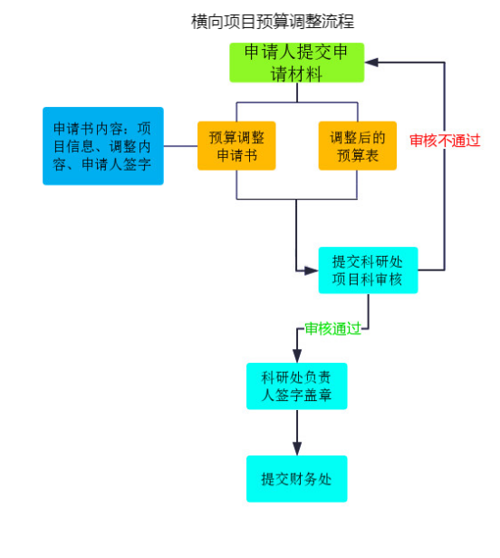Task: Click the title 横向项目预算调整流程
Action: (x=273, y=21)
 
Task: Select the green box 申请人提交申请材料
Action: (x=297, y=63)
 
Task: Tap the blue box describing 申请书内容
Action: (x=103, y=146)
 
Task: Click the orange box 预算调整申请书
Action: (x=236, y=146)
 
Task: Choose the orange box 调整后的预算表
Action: (x=358, y=146)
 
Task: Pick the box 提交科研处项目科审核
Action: (x=368, y=270)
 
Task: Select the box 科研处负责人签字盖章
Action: (x=297, y=387)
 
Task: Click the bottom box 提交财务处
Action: (x=297, y=479)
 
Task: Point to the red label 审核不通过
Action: (x=445, y=141)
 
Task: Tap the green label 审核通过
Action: (x=333, y=328)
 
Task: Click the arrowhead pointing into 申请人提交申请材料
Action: (x=371, y=63)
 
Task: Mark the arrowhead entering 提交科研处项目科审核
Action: (x=312, y=270)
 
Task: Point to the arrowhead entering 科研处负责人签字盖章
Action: (x=297, y=356)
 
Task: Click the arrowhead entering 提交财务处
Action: (x=297, y=449)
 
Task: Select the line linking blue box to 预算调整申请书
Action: (x=180, y=146)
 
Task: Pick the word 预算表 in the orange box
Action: (x=358, y=155)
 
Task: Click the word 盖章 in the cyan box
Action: (x=318, y=395)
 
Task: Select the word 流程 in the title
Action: (x=338, y=21)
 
